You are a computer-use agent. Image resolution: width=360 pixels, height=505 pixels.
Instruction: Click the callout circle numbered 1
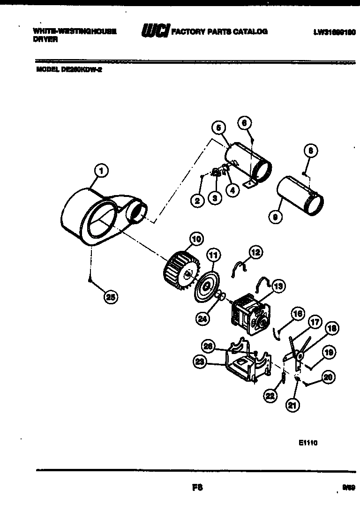pyautogui.click(x=100, y=171)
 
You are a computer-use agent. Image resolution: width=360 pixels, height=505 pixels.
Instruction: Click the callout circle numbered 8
pyautogui.click(x=311, y=151)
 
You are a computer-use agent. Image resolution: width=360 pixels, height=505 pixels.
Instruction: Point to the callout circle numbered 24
pyautogui.click(x=203, y=319)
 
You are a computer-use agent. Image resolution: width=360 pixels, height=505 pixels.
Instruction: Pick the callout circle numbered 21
pyautogui.click(x=292, y=406)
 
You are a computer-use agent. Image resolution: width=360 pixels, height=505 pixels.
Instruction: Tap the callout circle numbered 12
pyautogui.click(x=256, y=252)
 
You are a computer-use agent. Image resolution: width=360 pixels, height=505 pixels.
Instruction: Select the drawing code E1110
pyautogui.click(x=307, y=442)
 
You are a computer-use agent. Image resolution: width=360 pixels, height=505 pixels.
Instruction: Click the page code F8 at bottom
pyautogui.click(x=197, y=487)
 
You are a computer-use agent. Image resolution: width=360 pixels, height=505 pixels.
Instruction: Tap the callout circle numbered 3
pyautogui.click(x=214, y=197)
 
